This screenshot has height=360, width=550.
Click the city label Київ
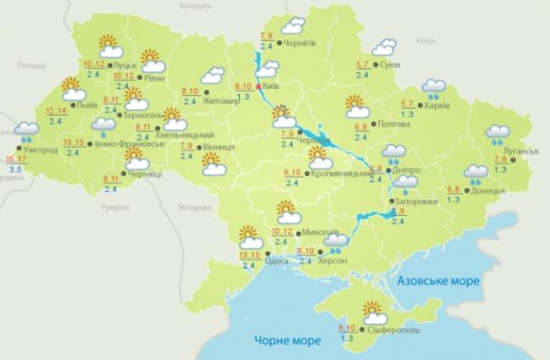click(x=270, y=86)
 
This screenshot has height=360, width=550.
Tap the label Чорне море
click(x=284, y=341)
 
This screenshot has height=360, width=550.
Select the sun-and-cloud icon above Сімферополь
click(x=374, y=310)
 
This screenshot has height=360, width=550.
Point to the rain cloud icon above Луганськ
click(x=495, y=133)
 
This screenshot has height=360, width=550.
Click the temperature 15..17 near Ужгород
click(x=14, y=159)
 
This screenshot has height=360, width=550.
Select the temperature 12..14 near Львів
click(x=57, y=111)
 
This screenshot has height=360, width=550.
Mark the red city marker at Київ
click(x=258, y=86)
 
